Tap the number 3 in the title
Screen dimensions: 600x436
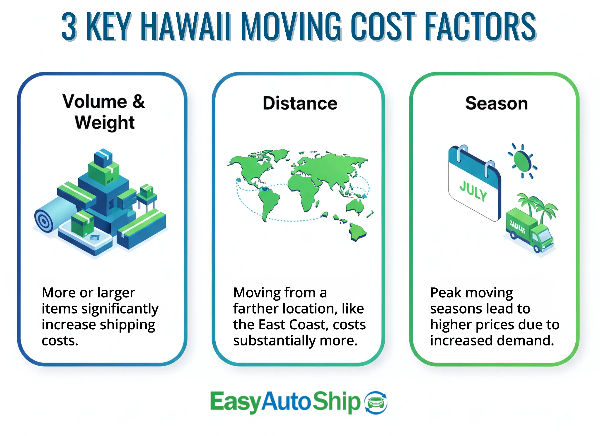(x=69, y=26)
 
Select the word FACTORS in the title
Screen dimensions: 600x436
(x=480, y=26)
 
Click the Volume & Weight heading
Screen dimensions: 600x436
(x=104, y=112)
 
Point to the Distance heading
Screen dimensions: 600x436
(x=300, y=103)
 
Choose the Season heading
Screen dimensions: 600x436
(x=497, y=103)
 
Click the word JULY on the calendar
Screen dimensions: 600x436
(x=473, y=191)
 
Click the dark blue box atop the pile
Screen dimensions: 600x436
(x=103, y=158)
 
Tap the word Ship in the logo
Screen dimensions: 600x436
(x=336, y=402)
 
